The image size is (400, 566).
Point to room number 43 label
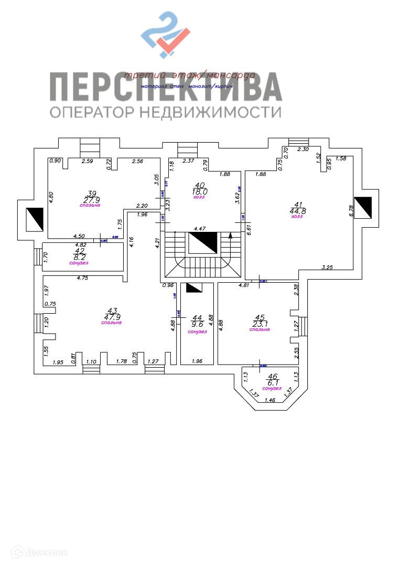coord(112,310)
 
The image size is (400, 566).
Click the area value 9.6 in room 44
coord(197,324)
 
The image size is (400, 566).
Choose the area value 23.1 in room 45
coord(260,324)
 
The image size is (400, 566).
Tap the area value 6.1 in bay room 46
coord(272,383)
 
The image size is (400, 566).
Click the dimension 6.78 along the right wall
coord(352,210)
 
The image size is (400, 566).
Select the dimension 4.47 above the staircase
coord(200,229)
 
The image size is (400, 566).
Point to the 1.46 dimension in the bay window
coord(270,400)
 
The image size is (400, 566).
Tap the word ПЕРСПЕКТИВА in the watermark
coord(166,87)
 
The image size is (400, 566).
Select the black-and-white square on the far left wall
coord(35,217)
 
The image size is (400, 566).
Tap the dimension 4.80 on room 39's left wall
coord(52,197)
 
